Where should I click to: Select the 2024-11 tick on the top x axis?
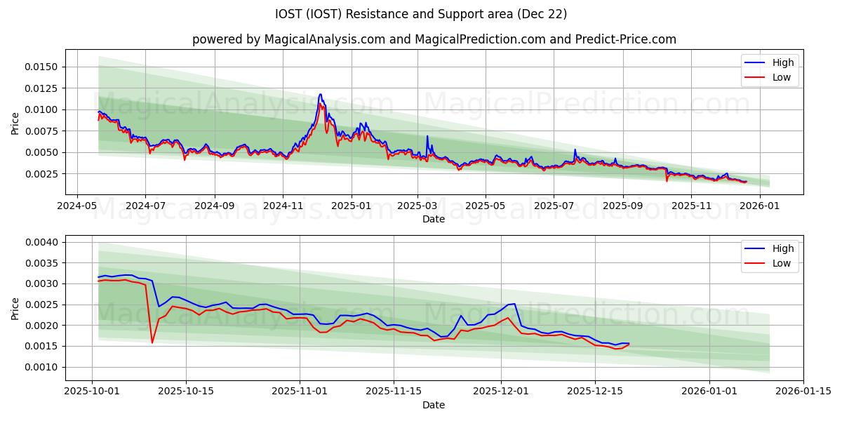click(283, 206)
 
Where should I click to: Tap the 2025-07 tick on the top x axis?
click(553, 206)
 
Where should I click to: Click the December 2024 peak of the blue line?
click(321, 94)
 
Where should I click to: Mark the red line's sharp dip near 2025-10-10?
click(152, 342)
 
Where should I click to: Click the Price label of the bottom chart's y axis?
click(15, 308)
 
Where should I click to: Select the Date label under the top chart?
click(434, 219)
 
